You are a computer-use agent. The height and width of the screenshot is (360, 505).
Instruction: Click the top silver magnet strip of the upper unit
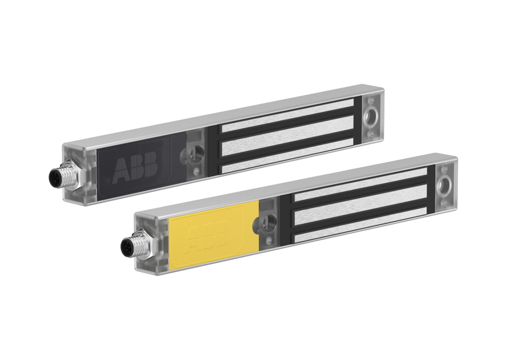287,118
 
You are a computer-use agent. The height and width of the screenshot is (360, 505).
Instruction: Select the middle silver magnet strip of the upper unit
287,138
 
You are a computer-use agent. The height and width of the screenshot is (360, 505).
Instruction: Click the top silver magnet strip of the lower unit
360,186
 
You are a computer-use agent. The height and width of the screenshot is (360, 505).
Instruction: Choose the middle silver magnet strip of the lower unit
360,207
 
